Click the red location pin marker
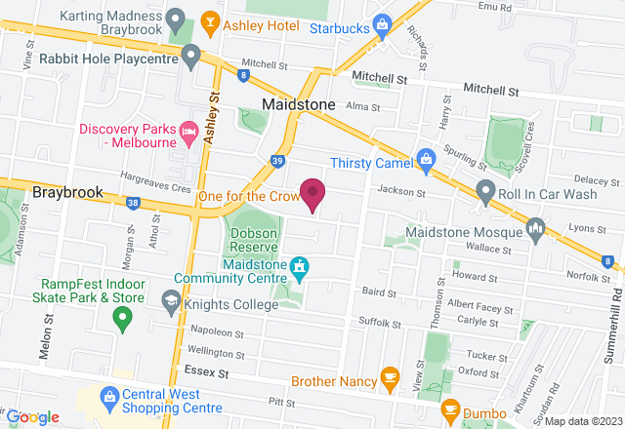[x=312, y=193]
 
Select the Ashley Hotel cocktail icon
[x=208, y=20]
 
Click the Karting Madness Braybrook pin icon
[x=176, y=18]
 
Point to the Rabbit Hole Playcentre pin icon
[x=191, y=53]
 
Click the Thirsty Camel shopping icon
[x=426, y=157]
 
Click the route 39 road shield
[x=278, y=160]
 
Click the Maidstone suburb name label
[x=298, y=103]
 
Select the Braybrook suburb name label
[x=67, y=192]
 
